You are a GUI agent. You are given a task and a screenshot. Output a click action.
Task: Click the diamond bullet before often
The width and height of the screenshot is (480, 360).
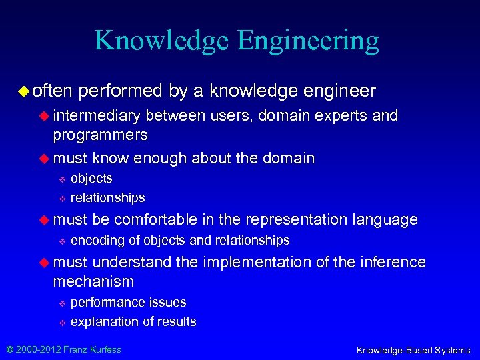click(x=25, y=90)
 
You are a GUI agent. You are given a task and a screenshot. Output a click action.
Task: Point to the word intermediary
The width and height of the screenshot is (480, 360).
click(x=97, y=116)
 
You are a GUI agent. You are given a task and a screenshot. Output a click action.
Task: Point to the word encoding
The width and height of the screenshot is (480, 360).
click(x=94, y=240)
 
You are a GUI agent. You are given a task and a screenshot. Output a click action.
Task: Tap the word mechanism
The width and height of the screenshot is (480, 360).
click(x=93, y=281)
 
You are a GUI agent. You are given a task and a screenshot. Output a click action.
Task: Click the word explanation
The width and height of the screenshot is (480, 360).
click(x=103, y=321)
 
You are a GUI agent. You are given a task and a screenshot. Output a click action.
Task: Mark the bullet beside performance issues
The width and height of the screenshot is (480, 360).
click(x=61, y=303)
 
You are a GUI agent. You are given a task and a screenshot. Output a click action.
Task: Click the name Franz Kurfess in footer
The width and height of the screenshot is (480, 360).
click(x=92, y=349)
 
